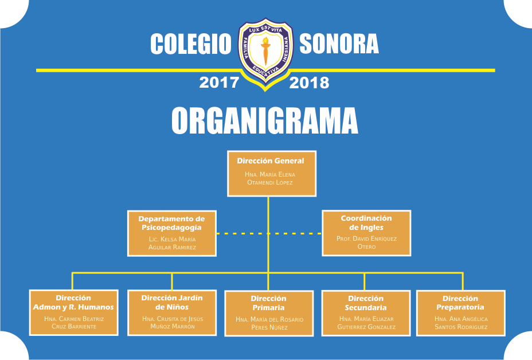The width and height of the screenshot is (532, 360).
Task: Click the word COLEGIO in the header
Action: pos(191,44)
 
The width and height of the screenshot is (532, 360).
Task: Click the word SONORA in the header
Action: pos(339,44)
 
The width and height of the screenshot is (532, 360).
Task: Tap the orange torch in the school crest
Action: pos(265,50)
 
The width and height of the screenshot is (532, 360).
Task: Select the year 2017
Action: pos(219,83)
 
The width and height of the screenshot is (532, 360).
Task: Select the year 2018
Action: pos(309,83)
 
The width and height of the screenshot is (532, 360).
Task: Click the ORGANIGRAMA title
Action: pos(265,121)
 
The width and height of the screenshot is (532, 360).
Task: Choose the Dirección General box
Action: pos(271,173)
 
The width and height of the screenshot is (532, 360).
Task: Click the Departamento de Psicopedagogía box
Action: pos(172,233)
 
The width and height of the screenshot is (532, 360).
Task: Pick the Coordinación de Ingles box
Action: pos(366,233)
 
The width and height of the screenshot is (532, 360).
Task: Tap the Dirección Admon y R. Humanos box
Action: pos(73,312)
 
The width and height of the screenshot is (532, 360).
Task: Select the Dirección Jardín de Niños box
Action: pos(172,312)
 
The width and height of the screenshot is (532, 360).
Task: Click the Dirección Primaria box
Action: pos(269,313)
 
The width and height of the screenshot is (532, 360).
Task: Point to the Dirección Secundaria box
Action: pos(366,313)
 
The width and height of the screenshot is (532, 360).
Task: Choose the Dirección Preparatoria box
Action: pos(461,313)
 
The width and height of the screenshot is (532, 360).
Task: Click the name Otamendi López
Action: pos(270,182)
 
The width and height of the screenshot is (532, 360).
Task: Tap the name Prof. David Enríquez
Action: pos(366,238)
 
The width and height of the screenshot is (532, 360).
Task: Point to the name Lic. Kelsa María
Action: pos(172,239)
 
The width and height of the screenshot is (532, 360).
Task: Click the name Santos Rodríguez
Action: pos(461,327)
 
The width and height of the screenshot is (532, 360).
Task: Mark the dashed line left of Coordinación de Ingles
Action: pos(295,233)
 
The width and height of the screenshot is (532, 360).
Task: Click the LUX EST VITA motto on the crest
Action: pos(265,29)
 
